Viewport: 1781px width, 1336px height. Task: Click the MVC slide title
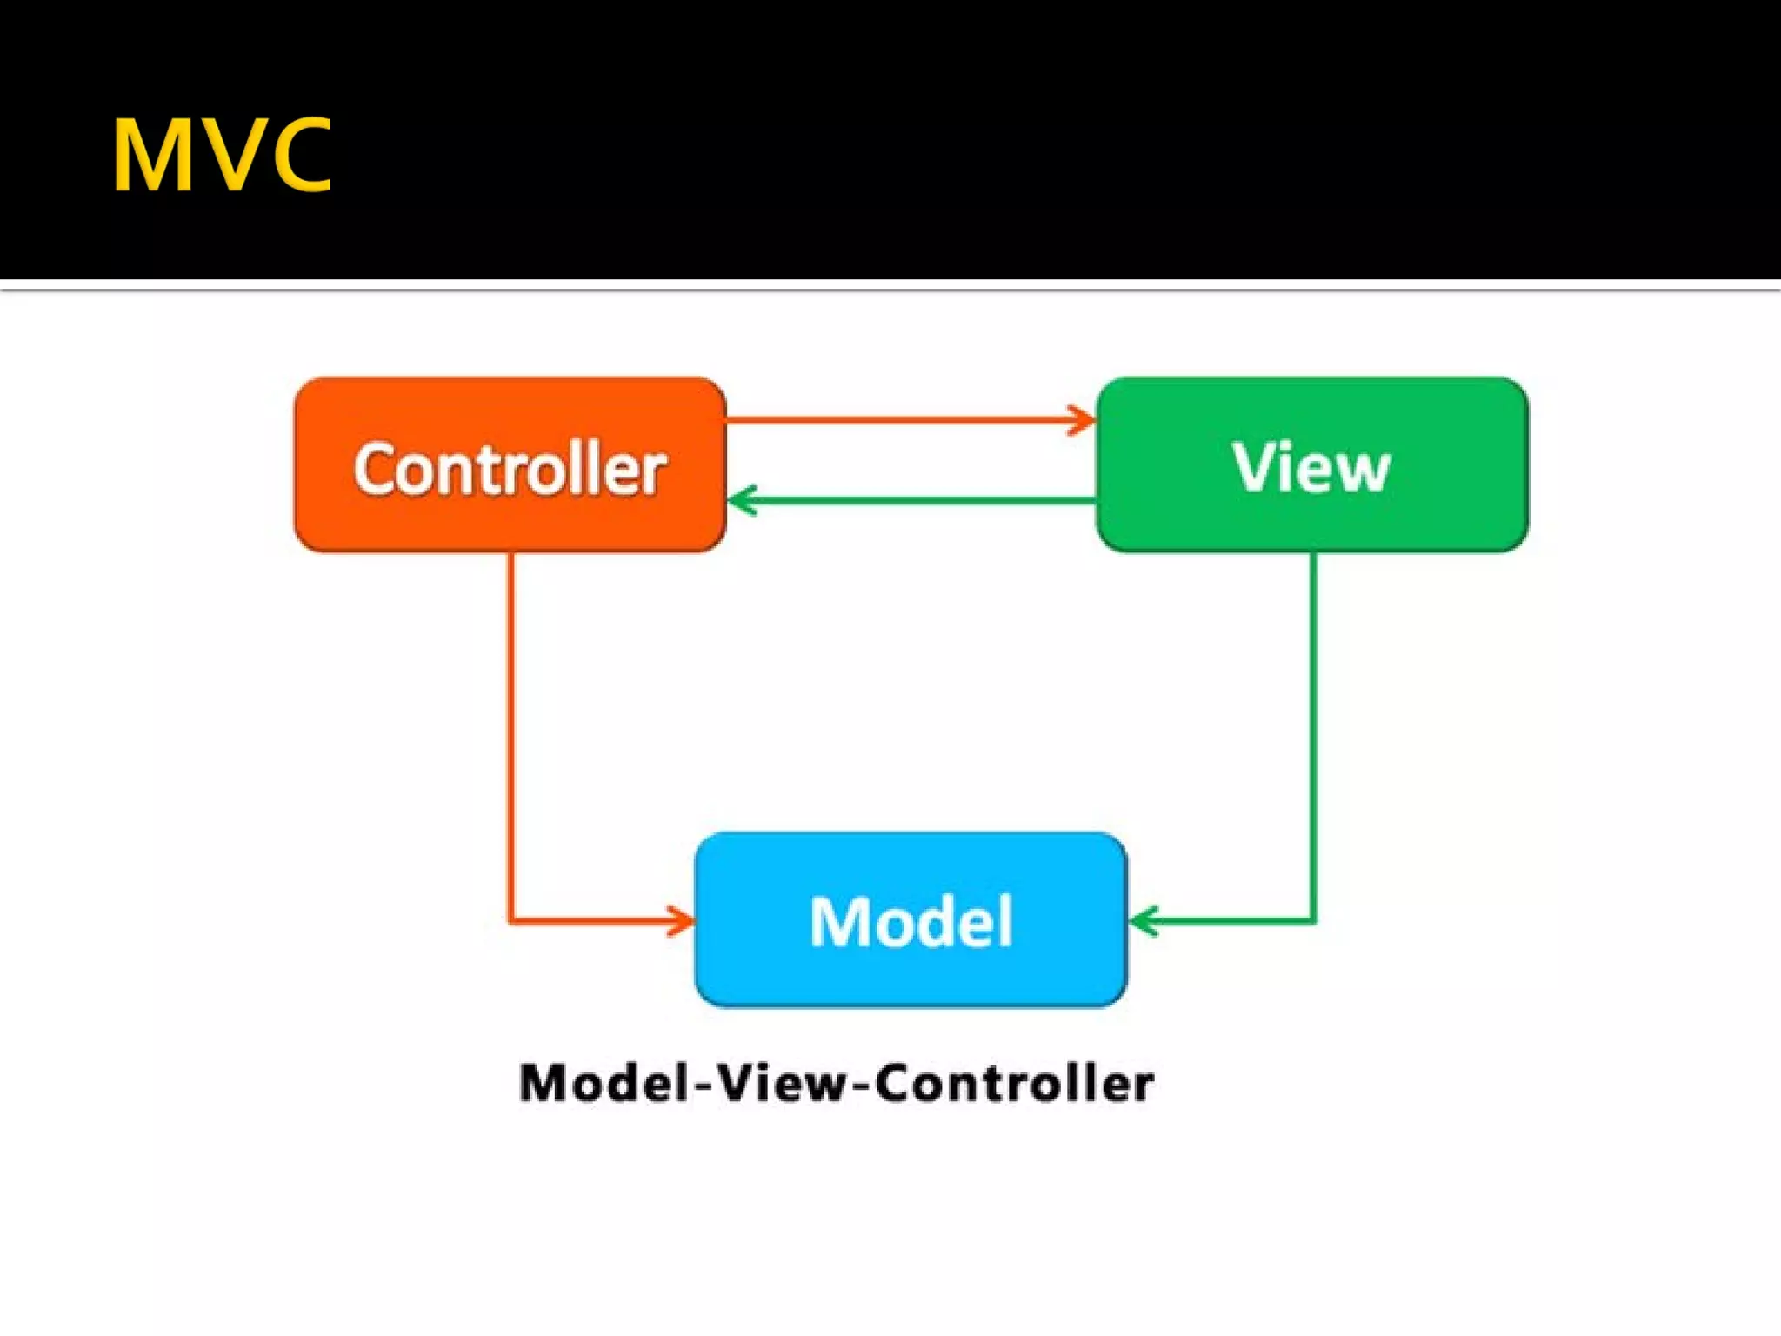(222, 155)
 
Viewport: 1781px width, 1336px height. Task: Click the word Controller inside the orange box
(510, 470)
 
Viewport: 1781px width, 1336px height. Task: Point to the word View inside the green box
(1311, 468)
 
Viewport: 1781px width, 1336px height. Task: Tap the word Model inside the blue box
(911, 921)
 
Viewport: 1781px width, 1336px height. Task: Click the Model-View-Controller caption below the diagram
(837, 1084)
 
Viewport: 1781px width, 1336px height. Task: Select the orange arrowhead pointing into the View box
(1083, 420)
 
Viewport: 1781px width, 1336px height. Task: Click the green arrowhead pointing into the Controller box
(741, 501)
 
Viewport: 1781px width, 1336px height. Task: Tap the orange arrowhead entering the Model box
(681, 920)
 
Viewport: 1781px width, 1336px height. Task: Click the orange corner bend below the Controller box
(511, 919)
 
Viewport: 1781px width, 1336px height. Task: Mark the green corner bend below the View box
(1313, 919)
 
